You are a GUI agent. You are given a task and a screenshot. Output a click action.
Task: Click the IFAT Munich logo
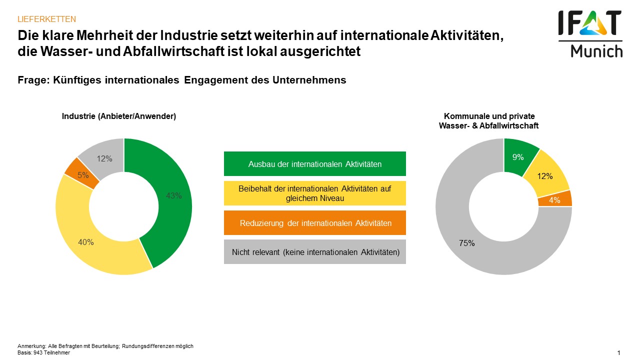click(590, 34)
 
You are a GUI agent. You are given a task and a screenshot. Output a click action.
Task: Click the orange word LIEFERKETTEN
click(46, 19)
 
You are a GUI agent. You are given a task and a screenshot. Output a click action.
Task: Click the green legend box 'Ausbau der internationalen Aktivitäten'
click(315, 164)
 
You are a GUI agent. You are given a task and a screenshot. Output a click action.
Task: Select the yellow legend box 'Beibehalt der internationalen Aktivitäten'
click(315, 193)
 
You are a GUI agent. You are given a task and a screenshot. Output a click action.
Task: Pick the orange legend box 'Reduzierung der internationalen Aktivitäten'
click(315, 223)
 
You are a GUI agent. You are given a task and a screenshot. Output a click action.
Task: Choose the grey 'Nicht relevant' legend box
click(315, 252)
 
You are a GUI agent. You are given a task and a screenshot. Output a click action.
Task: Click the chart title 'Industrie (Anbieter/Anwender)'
click(119, 116)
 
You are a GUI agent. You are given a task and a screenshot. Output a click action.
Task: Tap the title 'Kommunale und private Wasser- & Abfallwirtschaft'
click(489, 121)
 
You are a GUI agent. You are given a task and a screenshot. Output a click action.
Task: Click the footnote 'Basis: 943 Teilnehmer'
click(44, 352)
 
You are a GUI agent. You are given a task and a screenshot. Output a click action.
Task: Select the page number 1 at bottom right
click(618, 353)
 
